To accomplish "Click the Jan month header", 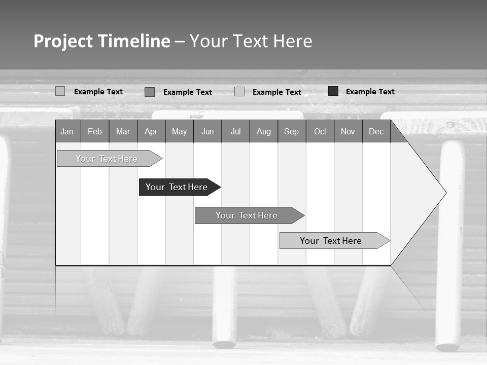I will click(x=67, y=132).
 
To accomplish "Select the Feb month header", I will click(x=95, y=132).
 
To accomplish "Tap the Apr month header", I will click(x=151, y=132).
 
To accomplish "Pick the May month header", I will click(x=179, y=132).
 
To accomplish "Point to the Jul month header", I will click(x=235, y=132).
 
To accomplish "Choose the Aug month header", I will click(x=264, y=132).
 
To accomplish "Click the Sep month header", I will click(x=292, y=132).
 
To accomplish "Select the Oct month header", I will click(x=320, y=132).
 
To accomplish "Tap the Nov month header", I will click(x=348, y=132).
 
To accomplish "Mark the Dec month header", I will click(x=376, y=132).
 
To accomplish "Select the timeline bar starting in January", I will click(x=107, y=159).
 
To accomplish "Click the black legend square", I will click(x=333, y=91).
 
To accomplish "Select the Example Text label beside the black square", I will click(x=370, y=92).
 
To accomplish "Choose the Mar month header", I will click(x=123, y=132).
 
